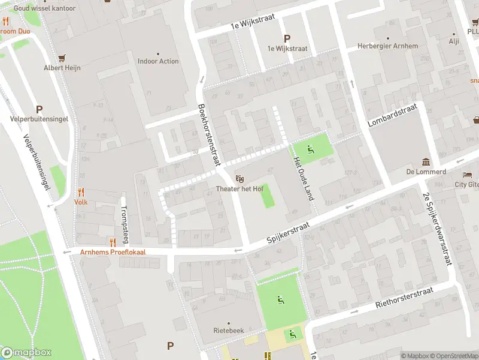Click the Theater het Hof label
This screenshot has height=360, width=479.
(239, 189)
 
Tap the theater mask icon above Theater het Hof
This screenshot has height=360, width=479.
(239, 179)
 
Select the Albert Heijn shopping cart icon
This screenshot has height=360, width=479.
(62, 58)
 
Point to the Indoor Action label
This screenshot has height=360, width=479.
(158, 61)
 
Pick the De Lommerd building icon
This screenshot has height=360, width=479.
(426, 162)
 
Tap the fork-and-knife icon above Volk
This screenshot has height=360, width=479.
(81, 192)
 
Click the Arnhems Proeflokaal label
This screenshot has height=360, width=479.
(113, 252)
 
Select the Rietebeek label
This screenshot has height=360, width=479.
(228, 331)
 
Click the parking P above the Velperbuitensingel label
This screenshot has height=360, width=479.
(39, 109)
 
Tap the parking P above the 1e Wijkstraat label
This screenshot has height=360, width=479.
(286, 38)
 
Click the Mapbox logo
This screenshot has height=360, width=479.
(26, 353)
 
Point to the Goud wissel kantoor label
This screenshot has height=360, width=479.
(45, 8)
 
